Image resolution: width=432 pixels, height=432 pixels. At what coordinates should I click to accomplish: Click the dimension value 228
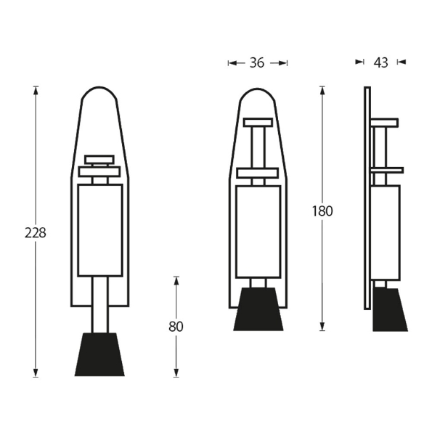(x=35, y=233)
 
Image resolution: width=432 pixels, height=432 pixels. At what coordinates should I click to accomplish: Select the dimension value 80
(x=176, y=327)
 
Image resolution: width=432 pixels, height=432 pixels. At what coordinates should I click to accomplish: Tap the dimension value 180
(x=322, y=211)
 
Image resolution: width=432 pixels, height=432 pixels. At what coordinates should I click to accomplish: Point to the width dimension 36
(x=257, y=63)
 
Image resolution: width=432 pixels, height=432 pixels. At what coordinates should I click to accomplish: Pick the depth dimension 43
(x=380, y=63)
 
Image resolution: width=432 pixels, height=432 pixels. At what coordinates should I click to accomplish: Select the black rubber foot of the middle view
(x=258, y=309)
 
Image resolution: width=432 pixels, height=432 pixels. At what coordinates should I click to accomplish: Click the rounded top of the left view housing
(x=99, y=94)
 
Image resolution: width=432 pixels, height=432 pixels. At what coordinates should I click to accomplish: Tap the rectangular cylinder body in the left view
(x=99, y=230)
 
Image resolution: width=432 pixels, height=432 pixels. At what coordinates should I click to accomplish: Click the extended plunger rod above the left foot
(x=99, y=305)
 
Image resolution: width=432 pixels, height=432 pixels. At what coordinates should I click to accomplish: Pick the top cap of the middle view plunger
(x=258, y=123)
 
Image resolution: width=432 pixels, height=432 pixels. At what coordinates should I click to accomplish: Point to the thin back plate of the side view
(x=367, y=196)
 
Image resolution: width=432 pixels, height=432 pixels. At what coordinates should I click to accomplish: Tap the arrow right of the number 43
(x=401, y=62)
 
